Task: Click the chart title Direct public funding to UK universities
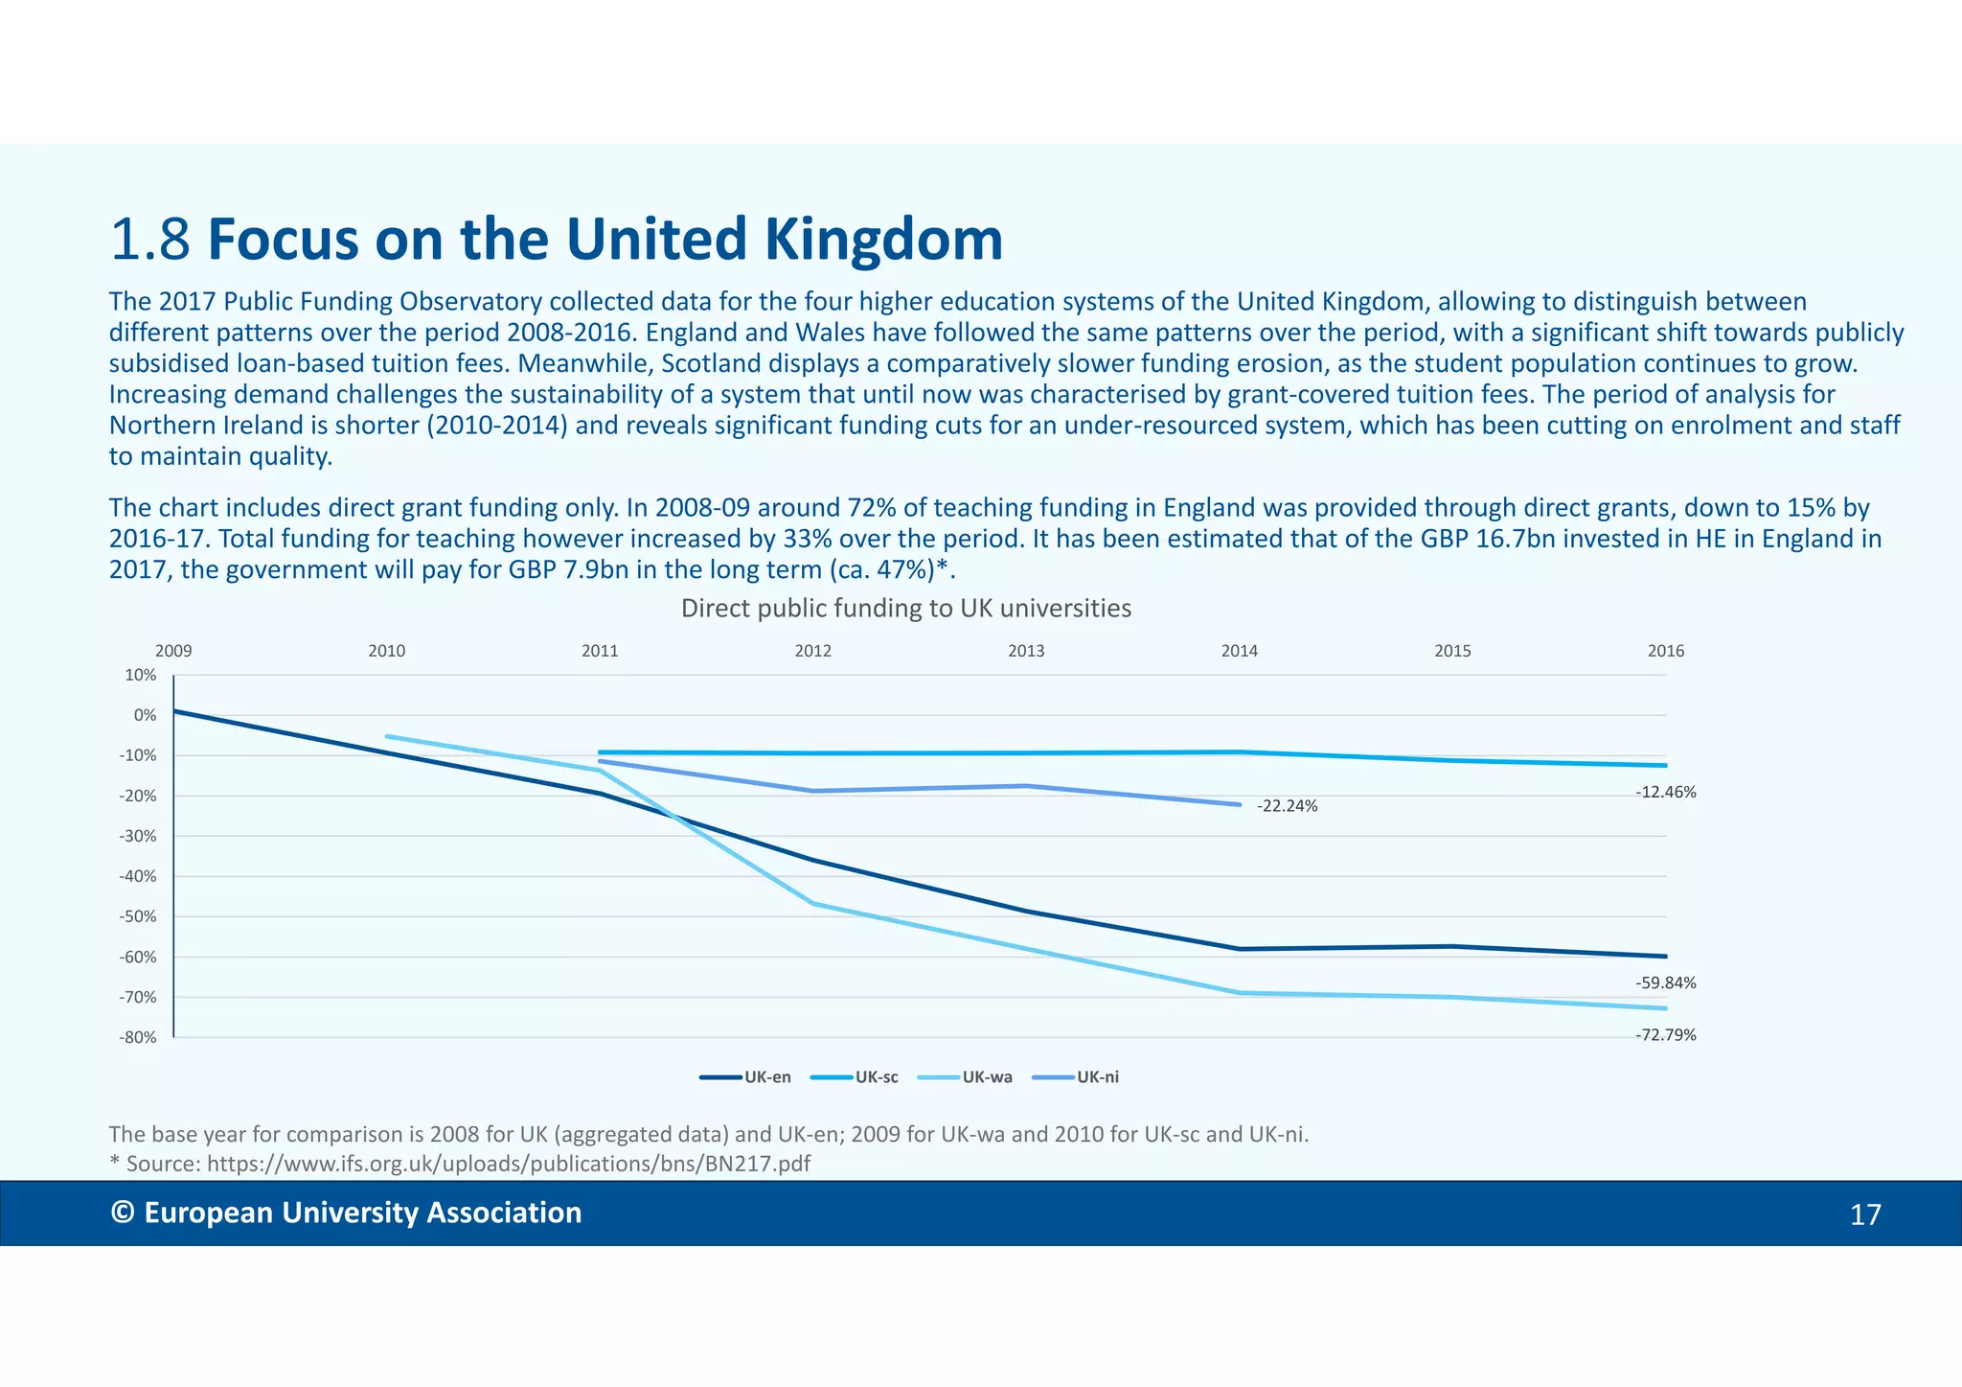coord(905,609)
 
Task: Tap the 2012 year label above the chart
coord(812,651)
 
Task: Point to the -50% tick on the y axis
coord(137,916)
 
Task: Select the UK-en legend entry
coord(746,1077)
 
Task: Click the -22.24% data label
coord(1287,806)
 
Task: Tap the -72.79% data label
coord(1665,1035)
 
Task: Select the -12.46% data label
coord(1665,793)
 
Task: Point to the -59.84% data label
coord(1665,983)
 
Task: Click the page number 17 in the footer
coord(1864,1215)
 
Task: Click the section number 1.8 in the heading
coord(150,240)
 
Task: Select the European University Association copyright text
coord(347,1213)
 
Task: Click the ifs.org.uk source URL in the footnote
coord(508,1164)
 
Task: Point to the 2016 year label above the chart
coord(1665,651)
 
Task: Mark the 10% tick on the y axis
coord(140,675)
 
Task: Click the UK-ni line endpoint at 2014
coord(1240,804)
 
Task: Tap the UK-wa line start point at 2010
coord(386,736)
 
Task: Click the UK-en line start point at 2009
coord(174,711)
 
